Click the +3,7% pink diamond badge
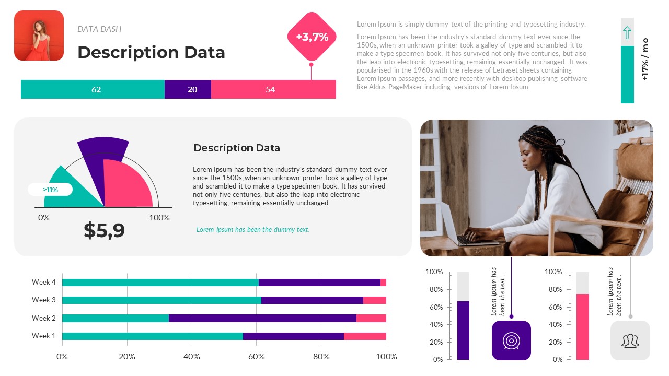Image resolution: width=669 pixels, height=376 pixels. [312, 37]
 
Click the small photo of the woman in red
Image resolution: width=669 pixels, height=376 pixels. [39, 36]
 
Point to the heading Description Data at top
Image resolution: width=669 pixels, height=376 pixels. [151, 52]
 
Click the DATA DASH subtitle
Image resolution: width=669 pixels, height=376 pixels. [99, 29]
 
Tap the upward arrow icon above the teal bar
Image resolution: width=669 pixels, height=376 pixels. [627, 33]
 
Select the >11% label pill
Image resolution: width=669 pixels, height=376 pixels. [50, 190]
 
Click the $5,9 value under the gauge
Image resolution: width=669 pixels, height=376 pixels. [105, 230]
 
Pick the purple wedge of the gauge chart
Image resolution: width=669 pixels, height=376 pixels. [102, 149]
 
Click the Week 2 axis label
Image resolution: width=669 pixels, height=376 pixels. [43, 318]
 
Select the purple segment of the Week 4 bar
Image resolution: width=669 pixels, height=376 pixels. [319, 283]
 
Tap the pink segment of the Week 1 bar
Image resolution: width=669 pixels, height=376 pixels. [365, 336]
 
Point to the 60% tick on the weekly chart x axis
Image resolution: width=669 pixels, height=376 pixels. [257, 357]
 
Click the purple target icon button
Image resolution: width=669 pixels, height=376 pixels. [511, 340]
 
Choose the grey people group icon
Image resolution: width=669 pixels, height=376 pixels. [630, 340]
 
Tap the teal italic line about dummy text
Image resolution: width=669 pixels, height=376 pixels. [253, 229]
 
